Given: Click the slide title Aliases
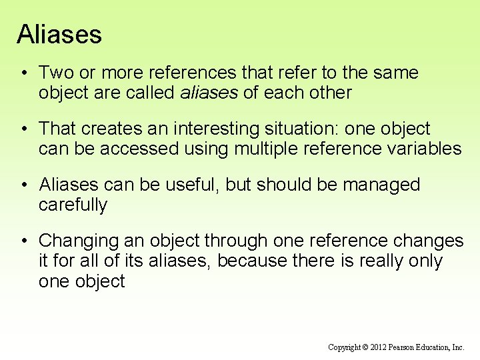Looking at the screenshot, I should coord(59,35).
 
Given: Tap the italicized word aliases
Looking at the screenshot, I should coord(209,93).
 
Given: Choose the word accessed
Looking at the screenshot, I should coord(137,149).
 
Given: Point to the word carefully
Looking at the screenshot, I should coord(73,205).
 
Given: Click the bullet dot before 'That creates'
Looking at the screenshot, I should coord(23,128).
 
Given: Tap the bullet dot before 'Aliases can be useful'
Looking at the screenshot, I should coord(23,184).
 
